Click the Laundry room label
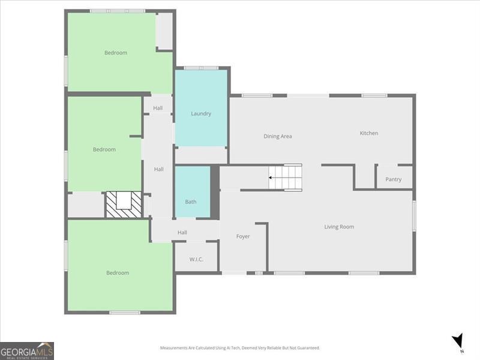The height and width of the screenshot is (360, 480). [x=201, y=113]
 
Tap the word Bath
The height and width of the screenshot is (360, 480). [x=190, y=202]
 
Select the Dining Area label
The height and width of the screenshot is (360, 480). [x=278, y=136]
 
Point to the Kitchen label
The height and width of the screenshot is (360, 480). [x=369, y=133]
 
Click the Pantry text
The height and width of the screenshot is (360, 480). [x=394, y=179]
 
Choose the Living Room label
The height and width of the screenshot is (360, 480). [x=339, y=227]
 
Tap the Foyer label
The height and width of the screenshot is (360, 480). [x=243, y=236]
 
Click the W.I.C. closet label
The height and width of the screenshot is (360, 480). [x=196, y=259]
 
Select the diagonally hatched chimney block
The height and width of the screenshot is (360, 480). [x=124, y=205]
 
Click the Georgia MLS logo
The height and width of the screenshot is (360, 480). [x=27, y=350]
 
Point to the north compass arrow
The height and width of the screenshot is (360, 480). [x=458, y=341]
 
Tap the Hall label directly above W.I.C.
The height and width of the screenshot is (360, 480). [x=182, y=232]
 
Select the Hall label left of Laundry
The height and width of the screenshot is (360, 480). [x=158, y=108]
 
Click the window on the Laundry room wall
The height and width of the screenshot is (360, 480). [x=201, y=68]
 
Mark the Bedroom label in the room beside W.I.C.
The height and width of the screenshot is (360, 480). [x=118, y=273]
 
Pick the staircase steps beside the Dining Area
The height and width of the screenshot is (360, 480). [x=285, y=178]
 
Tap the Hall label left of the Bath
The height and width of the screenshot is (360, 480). [x=158, y=169]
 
